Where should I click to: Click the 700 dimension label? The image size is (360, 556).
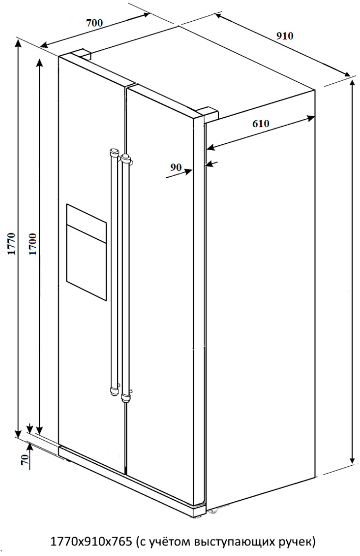95,23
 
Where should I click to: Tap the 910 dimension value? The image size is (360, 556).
285,36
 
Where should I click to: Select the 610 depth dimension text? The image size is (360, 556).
261,124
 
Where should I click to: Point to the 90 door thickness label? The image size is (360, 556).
176,167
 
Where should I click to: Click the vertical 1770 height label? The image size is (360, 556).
11,244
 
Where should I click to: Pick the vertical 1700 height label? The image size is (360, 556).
32,244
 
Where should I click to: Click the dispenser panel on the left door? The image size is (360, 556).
86,252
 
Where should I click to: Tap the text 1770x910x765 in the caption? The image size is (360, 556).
92,542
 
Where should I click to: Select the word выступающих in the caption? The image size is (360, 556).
233,543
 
